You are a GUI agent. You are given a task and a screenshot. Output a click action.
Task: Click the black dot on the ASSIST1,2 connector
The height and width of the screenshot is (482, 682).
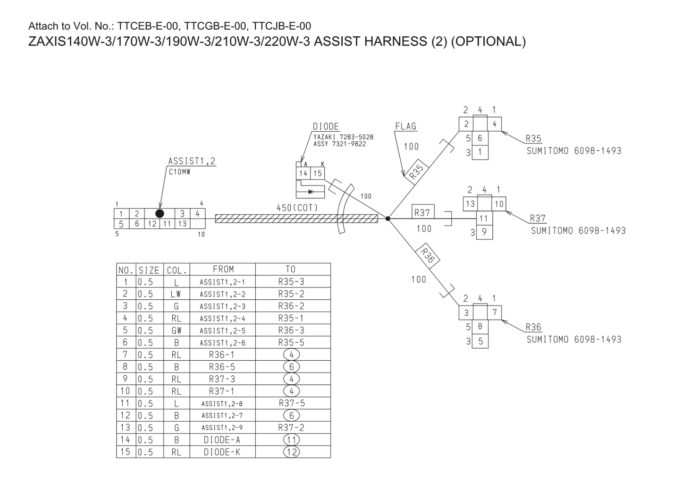pos(160,213)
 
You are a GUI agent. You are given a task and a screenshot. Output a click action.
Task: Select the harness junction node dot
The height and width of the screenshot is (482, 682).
pos(387,219)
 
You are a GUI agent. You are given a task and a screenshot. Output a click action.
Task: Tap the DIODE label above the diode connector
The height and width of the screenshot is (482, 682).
pos(326,127)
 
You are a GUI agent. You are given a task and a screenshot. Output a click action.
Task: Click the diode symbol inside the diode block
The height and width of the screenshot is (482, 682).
pos(311,192)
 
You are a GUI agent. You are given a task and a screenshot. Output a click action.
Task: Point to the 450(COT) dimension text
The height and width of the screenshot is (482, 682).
pos(297,208)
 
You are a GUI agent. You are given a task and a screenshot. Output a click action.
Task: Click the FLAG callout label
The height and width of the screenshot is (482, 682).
pos(405,126)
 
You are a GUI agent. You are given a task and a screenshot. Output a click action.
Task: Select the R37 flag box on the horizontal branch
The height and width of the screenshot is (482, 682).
pos(422,212)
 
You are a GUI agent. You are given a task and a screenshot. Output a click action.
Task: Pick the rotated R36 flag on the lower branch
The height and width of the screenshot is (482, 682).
pos(427,255)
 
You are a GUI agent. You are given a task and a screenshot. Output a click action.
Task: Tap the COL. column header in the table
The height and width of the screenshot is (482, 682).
pos(177,270)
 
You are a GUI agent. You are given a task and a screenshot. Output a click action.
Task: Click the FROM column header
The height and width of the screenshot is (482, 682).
pos(223,269)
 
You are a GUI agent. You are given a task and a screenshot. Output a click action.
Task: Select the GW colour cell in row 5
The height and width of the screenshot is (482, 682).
pos(177,330)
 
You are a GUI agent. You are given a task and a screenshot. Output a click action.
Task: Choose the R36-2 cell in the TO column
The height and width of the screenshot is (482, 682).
pos(291,306)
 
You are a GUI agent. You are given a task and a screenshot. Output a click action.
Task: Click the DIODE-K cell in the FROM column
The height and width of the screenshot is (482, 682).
pos(222,452)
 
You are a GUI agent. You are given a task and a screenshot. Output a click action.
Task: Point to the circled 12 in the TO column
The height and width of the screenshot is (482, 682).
pos(291,452)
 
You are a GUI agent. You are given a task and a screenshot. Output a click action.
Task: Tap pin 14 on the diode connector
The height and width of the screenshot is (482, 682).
pos(303,173)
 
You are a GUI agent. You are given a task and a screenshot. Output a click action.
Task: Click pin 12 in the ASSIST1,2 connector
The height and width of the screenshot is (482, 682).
pos(152,224)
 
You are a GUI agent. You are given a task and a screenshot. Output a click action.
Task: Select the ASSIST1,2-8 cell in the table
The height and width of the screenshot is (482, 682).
pos(222,404)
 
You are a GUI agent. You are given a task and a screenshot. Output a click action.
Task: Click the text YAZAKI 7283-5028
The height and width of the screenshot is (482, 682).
pos(343,137)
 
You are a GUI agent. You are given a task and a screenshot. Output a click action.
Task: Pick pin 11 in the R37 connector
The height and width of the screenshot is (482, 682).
pos(483,218)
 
